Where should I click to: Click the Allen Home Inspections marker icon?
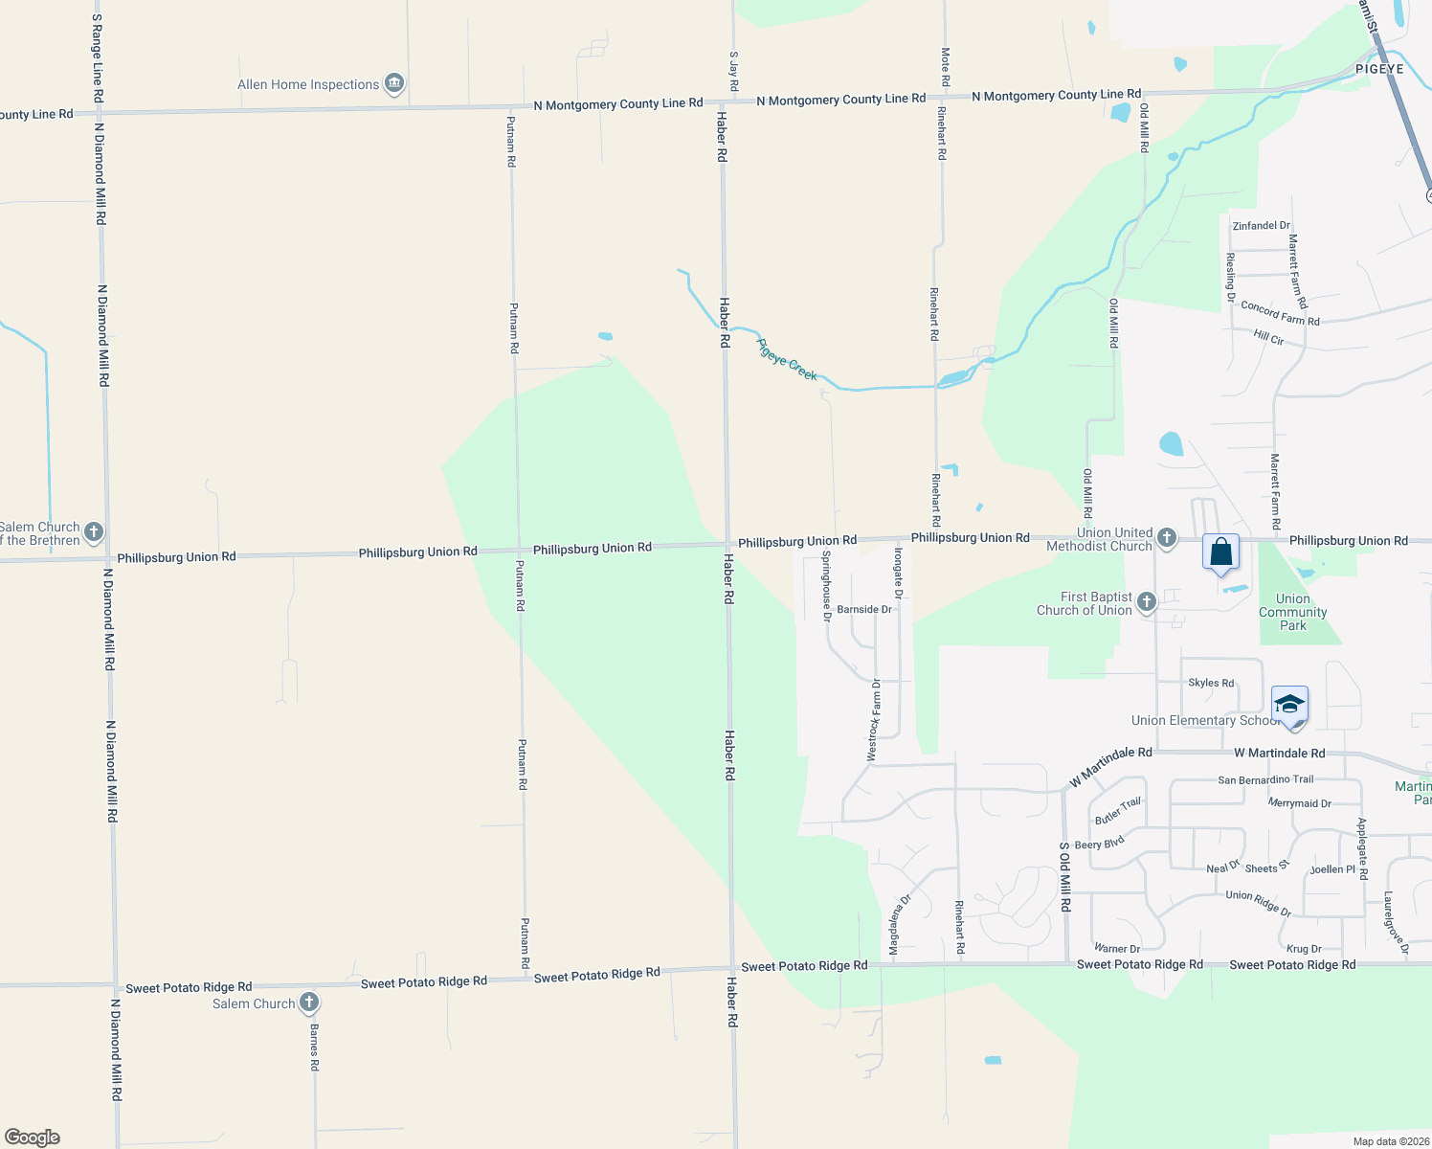tap(393, 84)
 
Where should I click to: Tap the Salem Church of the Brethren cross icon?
tap(93, 532)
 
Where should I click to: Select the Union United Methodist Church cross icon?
tap(1166, 537)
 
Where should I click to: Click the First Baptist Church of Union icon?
tap(1146, 602)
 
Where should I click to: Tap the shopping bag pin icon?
tap(1220, 553)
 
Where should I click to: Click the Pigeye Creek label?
tap(787, 359)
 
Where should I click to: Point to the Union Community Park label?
tap(1292, 612)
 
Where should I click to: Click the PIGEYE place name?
tap(1379, 69)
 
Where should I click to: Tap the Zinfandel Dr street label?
tap(1261, 226)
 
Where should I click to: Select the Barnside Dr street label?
tap(863, 609)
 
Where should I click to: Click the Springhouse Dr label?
tap(826, 585)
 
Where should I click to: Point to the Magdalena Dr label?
tap(899, 925)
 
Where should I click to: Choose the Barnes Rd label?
tap(313, 1046)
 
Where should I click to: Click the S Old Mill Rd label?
tap(1064, 876)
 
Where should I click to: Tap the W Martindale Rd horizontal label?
tap(1279, 753)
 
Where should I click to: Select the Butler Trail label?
tap(1118, 811)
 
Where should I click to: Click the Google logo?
tap(33, 1138)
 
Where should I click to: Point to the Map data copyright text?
tap(1390, 1141)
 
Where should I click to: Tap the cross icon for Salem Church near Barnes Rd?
tap(308, 1003)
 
